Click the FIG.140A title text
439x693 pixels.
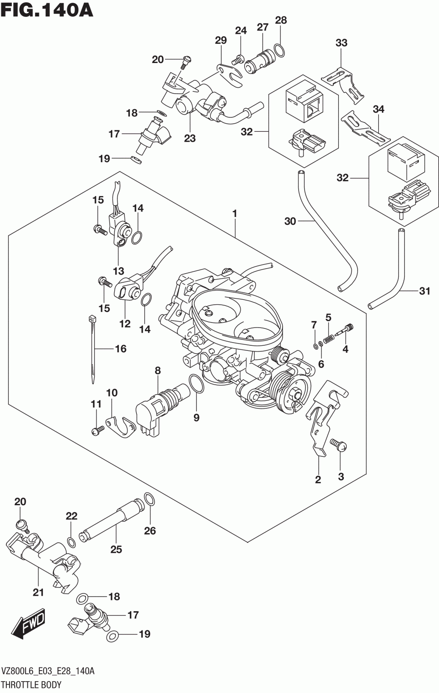[47, 11]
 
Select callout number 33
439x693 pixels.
[341, 43]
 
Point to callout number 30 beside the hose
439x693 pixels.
[290, 222]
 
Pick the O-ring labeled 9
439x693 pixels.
[196, 384]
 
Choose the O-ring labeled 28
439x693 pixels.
[280, 50]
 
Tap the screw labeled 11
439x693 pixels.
[96, 429]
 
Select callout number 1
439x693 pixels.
[235, 213]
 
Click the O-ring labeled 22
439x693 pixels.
[71, 542]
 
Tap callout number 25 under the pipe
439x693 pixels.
[116, 549]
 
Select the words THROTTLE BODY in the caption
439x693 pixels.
[31, 685]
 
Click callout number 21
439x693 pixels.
[38, 592]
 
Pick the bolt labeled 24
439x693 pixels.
[238, 58]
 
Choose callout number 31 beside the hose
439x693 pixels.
[425, 291]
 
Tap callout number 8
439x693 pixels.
[158, 370]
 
